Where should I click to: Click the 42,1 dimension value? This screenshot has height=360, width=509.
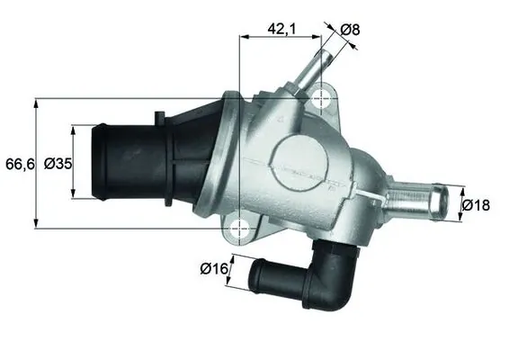[281, 29]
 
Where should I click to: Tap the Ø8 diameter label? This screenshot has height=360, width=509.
[353, 30]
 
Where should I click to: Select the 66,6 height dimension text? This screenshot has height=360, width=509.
[17, 163]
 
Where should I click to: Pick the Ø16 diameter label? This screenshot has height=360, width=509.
[213, 267]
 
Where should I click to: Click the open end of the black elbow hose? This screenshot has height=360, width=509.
[256, 274]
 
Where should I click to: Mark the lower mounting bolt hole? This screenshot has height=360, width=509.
[239, 228]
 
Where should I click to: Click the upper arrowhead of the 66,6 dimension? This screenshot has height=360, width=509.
[36, 102]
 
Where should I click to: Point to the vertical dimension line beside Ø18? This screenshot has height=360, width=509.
[460, 204]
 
